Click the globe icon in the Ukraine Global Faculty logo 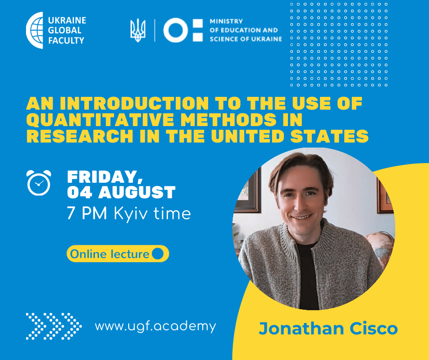pyautogui.click(x=35, y=30)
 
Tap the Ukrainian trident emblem pyautogui.click(x=138, y=30)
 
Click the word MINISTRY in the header pyautogui.click(x=226, y=21)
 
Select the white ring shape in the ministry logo pyautogui.click(x=176, y=30)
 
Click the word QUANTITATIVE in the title pyautogui.click(x=100, y=120)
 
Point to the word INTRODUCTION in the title pyautogui.click(x=134, y=103)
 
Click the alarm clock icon pyautogui.click(x=39, y=182)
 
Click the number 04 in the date pyautogui.click(x=79, y=192)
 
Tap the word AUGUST pyautogui.click(x=137, y=192)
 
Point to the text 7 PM pyautogui.click(x=87, y=213)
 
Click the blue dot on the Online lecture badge pyautogui.click(x=157, y=254)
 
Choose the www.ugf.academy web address pyautogui.click(x=156, y=327)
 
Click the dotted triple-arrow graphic pyautogui.click(x=54, y=326)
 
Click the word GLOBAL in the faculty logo pyautogui.click(x=65, y=30)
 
